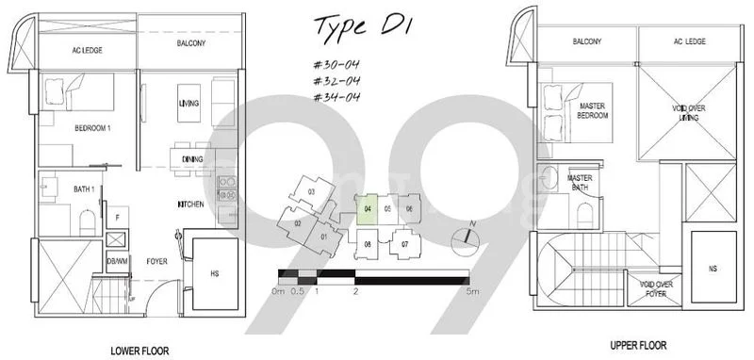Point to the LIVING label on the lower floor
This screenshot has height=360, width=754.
tap(188, 103)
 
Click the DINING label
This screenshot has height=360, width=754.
tap(191, 159)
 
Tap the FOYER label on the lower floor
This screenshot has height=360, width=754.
tap(156, 261)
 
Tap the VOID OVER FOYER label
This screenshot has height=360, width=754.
tap(657, 289)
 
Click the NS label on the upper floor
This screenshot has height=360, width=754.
tap(713, 267)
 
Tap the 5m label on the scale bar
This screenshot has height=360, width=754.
tap(470, 292)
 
